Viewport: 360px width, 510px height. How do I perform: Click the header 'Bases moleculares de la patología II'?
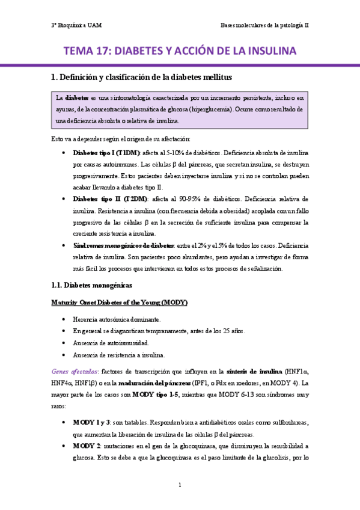[264, 26]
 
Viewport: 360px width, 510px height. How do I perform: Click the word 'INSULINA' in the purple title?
[264, 51]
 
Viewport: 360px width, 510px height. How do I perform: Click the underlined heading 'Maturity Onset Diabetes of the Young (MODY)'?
[119, 302]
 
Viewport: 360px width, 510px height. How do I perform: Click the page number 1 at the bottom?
[180, 485]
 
